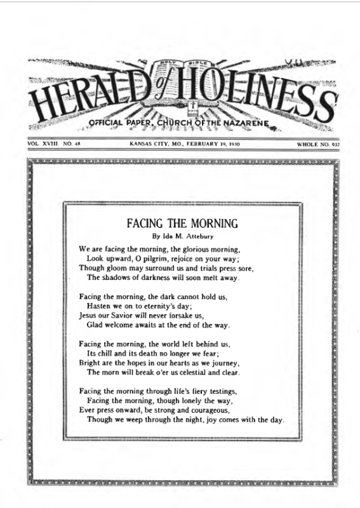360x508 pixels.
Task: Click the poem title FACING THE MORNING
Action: (x=182, y=224)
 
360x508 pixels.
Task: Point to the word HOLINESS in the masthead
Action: (x=254, y=95)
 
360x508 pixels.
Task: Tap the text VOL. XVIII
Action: (x=43, y=145)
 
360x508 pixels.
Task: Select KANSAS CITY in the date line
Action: (x=147, y=145)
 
